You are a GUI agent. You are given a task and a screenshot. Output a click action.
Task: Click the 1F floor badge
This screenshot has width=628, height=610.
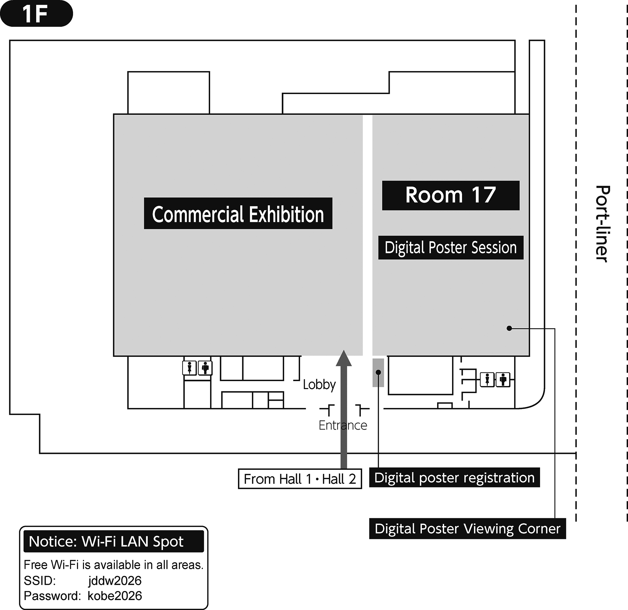(36, 14)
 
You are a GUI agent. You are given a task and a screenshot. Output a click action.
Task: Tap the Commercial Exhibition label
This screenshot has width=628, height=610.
(238, 213)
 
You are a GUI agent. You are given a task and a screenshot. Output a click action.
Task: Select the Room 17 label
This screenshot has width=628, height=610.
(451, 195)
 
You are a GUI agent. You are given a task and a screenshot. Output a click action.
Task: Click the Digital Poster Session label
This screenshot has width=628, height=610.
(451, 248)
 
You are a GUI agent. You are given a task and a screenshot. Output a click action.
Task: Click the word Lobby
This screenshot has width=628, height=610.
(319, 385)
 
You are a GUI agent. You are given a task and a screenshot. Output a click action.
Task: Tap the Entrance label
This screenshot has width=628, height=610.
(343, 425)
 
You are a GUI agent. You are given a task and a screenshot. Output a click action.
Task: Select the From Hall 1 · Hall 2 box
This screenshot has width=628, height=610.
(300, 479)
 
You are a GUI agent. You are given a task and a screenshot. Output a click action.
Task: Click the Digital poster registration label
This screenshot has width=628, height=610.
(454, 477)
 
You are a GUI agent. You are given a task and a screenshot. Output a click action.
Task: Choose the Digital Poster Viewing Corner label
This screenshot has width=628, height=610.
(467, 529)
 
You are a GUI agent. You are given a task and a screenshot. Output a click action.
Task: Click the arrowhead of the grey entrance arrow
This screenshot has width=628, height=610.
(344, 358)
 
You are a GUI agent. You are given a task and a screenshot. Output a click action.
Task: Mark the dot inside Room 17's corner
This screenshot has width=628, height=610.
(509, 328)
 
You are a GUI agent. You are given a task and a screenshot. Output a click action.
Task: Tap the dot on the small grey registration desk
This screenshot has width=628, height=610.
(378, 372)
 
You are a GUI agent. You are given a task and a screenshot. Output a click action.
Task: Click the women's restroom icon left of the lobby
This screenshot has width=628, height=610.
(190, 368)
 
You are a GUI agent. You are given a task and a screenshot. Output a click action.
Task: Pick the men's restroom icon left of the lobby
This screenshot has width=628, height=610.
(205, 368)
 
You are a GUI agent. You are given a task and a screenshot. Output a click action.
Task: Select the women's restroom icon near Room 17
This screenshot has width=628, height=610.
(487, 380)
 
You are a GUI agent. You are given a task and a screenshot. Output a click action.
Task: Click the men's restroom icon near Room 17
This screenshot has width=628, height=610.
(503, 380)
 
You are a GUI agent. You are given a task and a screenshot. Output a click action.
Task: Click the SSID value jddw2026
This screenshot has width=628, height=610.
(115, 580)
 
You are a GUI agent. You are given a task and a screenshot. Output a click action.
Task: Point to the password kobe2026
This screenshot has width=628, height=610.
(115, 596)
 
